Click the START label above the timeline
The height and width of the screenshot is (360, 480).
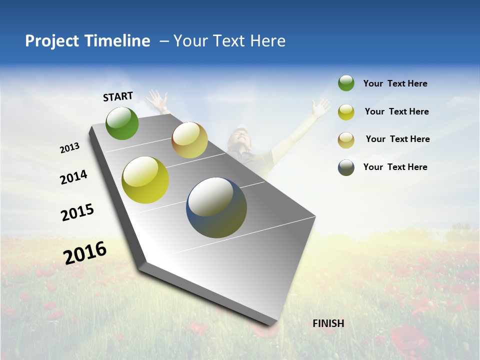click(x=118, y=96)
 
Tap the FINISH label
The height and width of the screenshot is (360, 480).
click(x=328, y=323)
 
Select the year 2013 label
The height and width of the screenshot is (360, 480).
click(x=69, y=148)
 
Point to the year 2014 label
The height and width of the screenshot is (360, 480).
click(x=73, y=177)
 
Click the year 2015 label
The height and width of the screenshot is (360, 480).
click(x=77, y=212)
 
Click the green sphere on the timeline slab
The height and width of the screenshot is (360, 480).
click(x=122, y=123)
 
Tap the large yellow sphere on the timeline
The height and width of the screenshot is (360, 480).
click(x=145, y=180)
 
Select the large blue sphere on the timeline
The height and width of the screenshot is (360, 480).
click(x=216, y=207)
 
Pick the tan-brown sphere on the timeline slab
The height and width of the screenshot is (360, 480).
click(x=189, y=140)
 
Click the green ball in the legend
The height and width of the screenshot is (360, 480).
click(x=346, y=83)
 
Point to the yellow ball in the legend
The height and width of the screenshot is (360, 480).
click(x=346, y=111)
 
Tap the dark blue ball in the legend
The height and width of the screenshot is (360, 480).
click(x=346, y=167)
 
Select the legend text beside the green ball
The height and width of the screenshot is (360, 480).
click(x=395, y=83)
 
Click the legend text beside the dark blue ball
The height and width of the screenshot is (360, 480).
click(x=395, y=167)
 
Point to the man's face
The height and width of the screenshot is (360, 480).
click(x=239, y=137)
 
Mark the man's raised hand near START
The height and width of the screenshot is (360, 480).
click(x=159, y=100)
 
